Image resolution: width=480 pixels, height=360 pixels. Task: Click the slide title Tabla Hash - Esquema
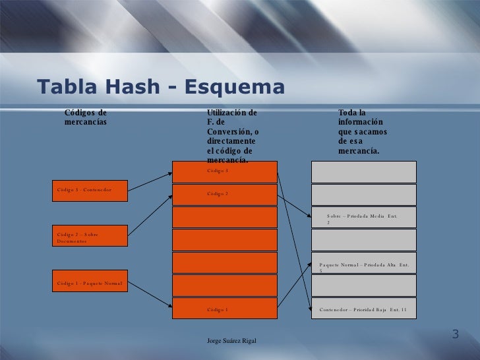(x=161, y=87)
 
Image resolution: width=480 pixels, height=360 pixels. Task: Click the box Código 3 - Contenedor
(x=90, y=191)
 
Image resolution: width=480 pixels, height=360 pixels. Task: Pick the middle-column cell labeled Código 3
(x=224, y=171)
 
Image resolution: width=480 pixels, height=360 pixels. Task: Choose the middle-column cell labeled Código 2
(x=224, y=195)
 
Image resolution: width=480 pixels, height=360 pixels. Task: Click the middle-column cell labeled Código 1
(x=224, y=309)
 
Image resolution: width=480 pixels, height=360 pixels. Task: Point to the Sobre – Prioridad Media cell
(x=363, y=218)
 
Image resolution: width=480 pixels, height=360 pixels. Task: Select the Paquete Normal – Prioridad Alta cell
(x=363, y=263)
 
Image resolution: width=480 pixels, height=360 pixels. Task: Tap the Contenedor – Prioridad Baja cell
(x=363, y=309)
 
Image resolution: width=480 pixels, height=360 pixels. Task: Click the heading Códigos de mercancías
(x=85, y=117)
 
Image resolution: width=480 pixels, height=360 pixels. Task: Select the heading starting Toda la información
(x=362, y=132)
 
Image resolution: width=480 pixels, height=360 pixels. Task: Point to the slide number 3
(x=455, y=334)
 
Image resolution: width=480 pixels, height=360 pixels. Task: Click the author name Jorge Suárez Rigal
(x=231, y=340)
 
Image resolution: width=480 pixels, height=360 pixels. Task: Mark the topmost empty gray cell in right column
(x=363, y=171)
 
